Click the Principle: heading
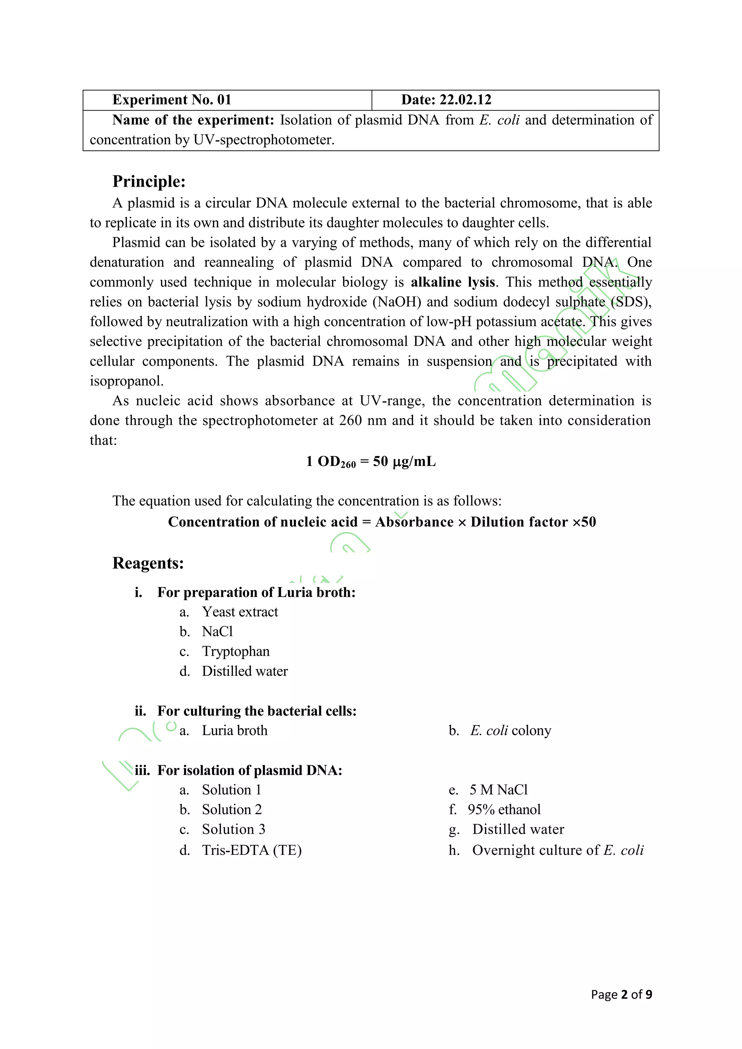click(149, 182)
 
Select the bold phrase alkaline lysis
click(453, 282)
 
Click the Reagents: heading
click(148, 563)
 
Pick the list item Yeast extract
click(240, 612)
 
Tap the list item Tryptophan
click(236, 651)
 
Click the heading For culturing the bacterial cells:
click(257, 711)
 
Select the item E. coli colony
click(510, 730)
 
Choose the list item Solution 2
click(232, 809)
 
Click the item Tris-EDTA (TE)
click(252, 850)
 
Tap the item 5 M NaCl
click(499, 790)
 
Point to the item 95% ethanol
click(504, 809)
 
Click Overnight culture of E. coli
click(558, 850)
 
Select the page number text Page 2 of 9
click(621, 995)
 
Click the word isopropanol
click(126, 381)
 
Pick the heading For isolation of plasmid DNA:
click(250, 770)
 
